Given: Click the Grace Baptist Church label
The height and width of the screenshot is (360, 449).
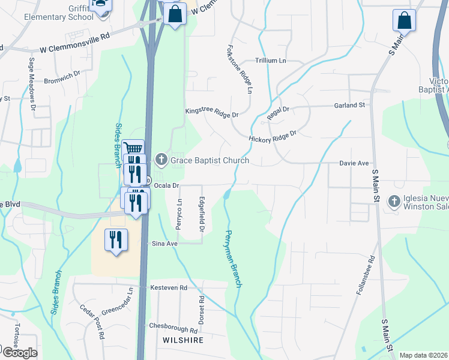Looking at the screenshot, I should point(209,160).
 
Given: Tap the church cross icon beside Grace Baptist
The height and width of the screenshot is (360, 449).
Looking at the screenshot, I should point(160,160).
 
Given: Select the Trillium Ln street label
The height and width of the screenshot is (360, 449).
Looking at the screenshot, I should point(270,61).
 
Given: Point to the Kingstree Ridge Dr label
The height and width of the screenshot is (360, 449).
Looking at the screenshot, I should point(212,112).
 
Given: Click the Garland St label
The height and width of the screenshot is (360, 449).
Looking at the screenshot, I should point(349,105).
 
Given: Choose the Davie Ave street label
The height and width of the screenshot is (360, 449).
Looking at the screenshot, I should point(354,163).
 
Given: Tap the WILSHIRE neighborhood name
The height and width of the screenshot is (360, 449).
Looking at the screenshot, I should point(183,340).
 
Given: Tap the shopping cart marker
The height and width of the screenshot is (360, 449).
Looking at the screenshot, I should point(133,149).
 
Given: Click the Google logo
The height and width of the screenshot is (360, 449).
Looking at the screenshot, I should point(19,353).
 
